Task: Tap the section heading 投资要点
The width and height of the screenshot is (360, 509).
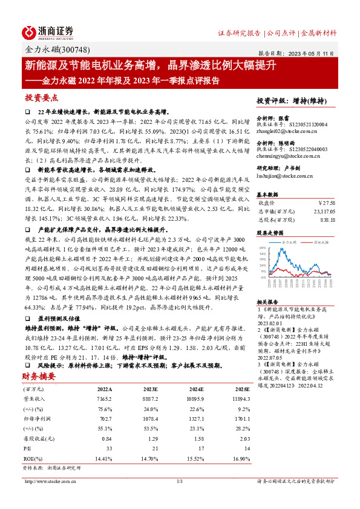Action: [x=42, y=98]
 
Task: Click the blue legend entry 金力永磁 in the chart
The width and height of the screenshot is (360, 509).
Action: [x=291, y=241]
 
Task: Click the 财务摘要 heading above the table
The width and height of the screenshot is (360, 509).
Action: [x=39, y=376]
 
